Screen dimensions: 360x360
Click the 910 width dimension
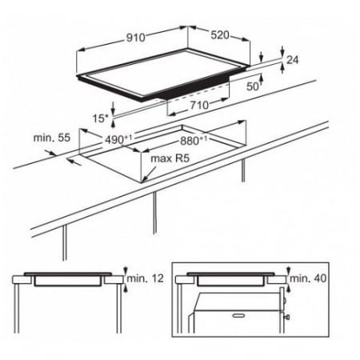coord(136,38)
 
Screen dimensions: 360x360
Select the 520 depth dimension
coord(220,35)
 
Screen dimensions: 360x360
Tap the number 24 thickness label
coord(292,60)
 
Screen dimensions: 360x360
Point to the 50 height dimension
coord(252,86)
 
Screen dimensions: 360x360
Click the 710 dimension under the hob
coord(199,105)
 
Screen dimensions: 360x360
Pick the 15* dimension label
coord(101,118)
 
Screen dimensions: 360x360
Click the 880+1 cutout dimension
coord(194,141)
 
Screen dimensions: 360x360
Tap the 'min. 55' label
coord(52,138)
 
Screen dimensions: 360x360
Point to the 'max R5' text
coord(170,158)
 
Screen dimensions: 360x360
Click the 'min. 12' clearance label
coord(145,278)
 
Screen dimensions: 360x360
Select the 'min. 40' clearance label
coord(308,278)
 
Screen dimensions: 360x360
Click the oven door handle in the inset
coord(238,315)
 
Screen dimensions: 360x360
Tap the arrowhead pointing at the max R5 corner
coord(146,178)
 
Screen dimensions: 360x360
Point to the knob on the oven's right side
coord(287,317)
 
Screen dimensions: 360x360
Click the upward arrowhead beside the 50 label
coord(261,78)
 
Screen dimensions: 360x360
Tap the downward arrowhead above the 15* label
coord(114,111)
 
